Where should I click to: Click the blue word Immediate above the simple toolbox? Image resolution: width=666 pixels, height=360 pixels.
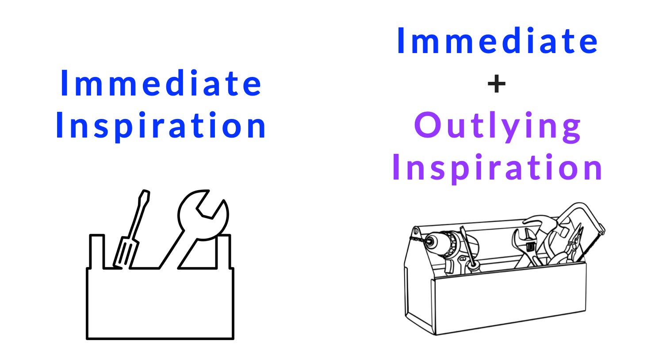coord(161,83)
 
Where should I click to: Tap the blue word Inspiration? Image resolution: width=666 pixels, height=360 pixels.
coord(161,126)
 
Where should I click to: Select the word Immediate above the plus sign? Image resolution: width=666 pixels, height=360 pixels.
coord(498,41)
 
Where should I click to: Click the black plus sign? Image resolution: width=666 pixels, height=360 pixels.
coord(497,84)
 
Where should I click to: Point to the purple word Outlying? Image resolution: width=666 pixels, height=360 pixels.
coord(498,126)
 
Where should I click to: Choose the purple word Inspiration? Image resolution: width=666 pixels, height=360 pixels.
coord(498,167)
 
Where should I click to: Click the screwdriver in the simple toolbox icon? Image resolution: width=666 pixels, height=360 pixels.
coord(131,230)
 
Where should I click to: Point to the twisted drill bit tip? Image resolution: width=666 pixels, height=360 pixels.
coord(416,239)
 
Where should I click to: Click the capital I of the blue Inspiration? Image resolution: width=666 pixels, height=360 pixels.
coord(59,126)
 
